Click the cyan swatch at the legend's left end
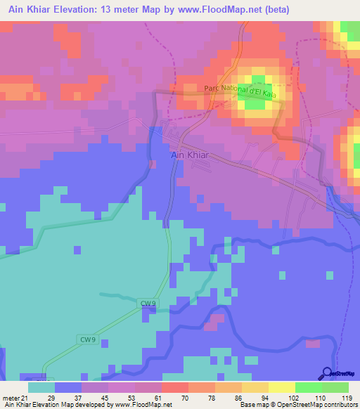pyautogui.click(x=41, y=387)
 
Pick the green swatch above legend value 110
pyautogui.click(x=308, y=387)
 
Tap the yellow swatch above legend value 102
pyautogui.click(x=281, y=387)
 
